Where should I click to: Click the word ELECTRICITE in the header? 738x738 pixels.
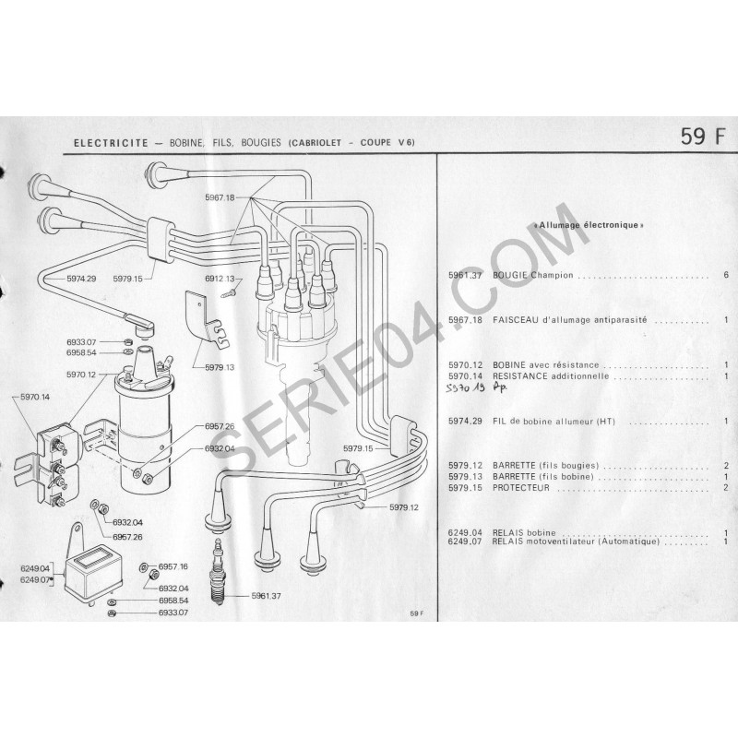[111, 143]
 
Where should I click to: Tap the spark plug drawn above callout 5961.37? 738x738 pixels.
[219, 571]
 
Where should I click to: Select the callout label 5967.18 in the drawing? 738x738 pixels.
[220, 197]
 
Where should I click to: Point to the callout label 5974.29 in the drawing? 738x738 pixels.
[81, 279]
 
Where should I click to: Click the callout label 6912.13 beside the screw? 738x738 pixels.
[220, 279]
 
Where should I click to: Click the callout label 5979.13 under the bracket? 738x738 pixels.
[220, 367]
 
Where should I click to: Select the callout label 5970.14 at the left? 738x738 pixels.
[35, 397]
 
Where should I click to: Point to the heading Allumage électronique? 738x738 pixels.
[590, 225]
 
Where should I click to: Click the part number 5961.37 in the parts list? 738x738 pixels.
[465, 275]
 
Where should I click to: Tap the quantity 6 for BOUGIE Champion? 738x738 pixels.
[726, 275]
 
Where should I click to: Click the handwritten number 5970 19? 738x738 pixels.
[466, 388]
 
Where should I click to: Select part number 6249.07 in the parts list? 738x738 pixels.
[465, 542]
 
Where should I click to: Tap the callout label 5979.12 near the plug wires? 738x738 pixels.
[404, 507]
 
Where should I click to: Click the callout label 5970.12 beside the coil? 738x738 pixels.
[81, 375]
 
